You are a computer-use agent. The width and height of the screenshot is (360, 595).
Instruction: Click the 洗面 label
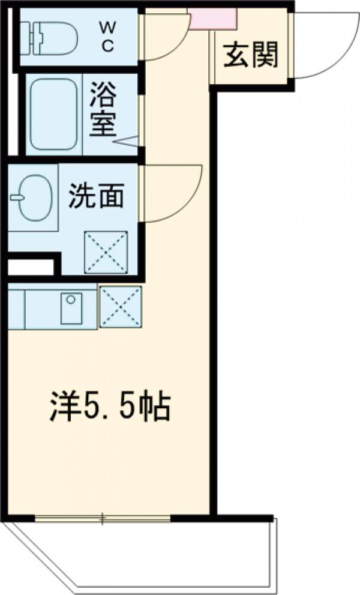[96, 196]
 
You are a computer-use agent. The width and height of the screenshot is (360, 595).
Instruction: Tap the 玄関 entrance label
[252, 55]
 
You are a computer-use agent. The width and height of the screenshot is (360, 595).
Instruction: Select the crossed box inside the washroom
[106, 252]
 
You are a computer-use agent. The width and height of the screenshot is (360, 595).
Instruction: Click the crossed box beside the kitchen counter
[121, 307]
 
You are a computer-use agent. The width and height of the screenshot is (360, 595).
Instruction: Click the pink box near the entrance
[212, 19]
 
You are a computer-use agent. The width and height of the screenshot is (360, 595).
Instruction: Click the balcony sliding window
[103, 518]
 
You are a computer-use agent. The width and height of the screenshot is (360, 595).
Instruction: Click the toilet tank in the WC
[26, 37]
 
